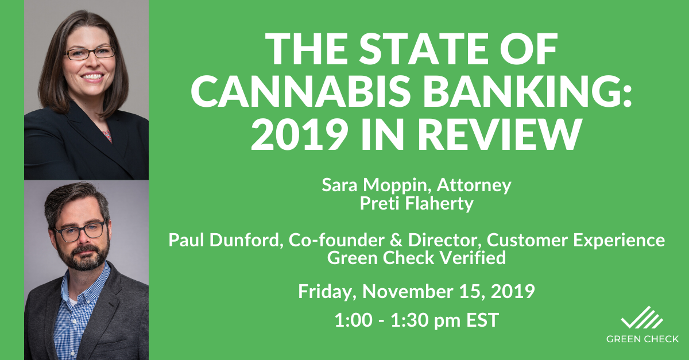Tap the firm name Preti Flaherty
(416, 204)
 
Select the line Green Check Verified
(416, 258)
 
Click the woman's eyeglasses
(90, 53)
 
